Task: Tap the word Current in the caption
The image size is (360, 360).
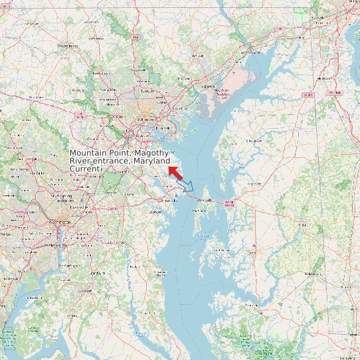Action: [84, 169]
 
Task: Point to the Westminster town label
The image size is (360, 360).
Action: [68, 46]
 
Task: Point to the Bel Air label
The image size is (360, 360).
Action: [198, 56]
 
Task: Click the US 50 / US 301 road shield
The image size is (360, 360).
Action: [230, 203]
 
